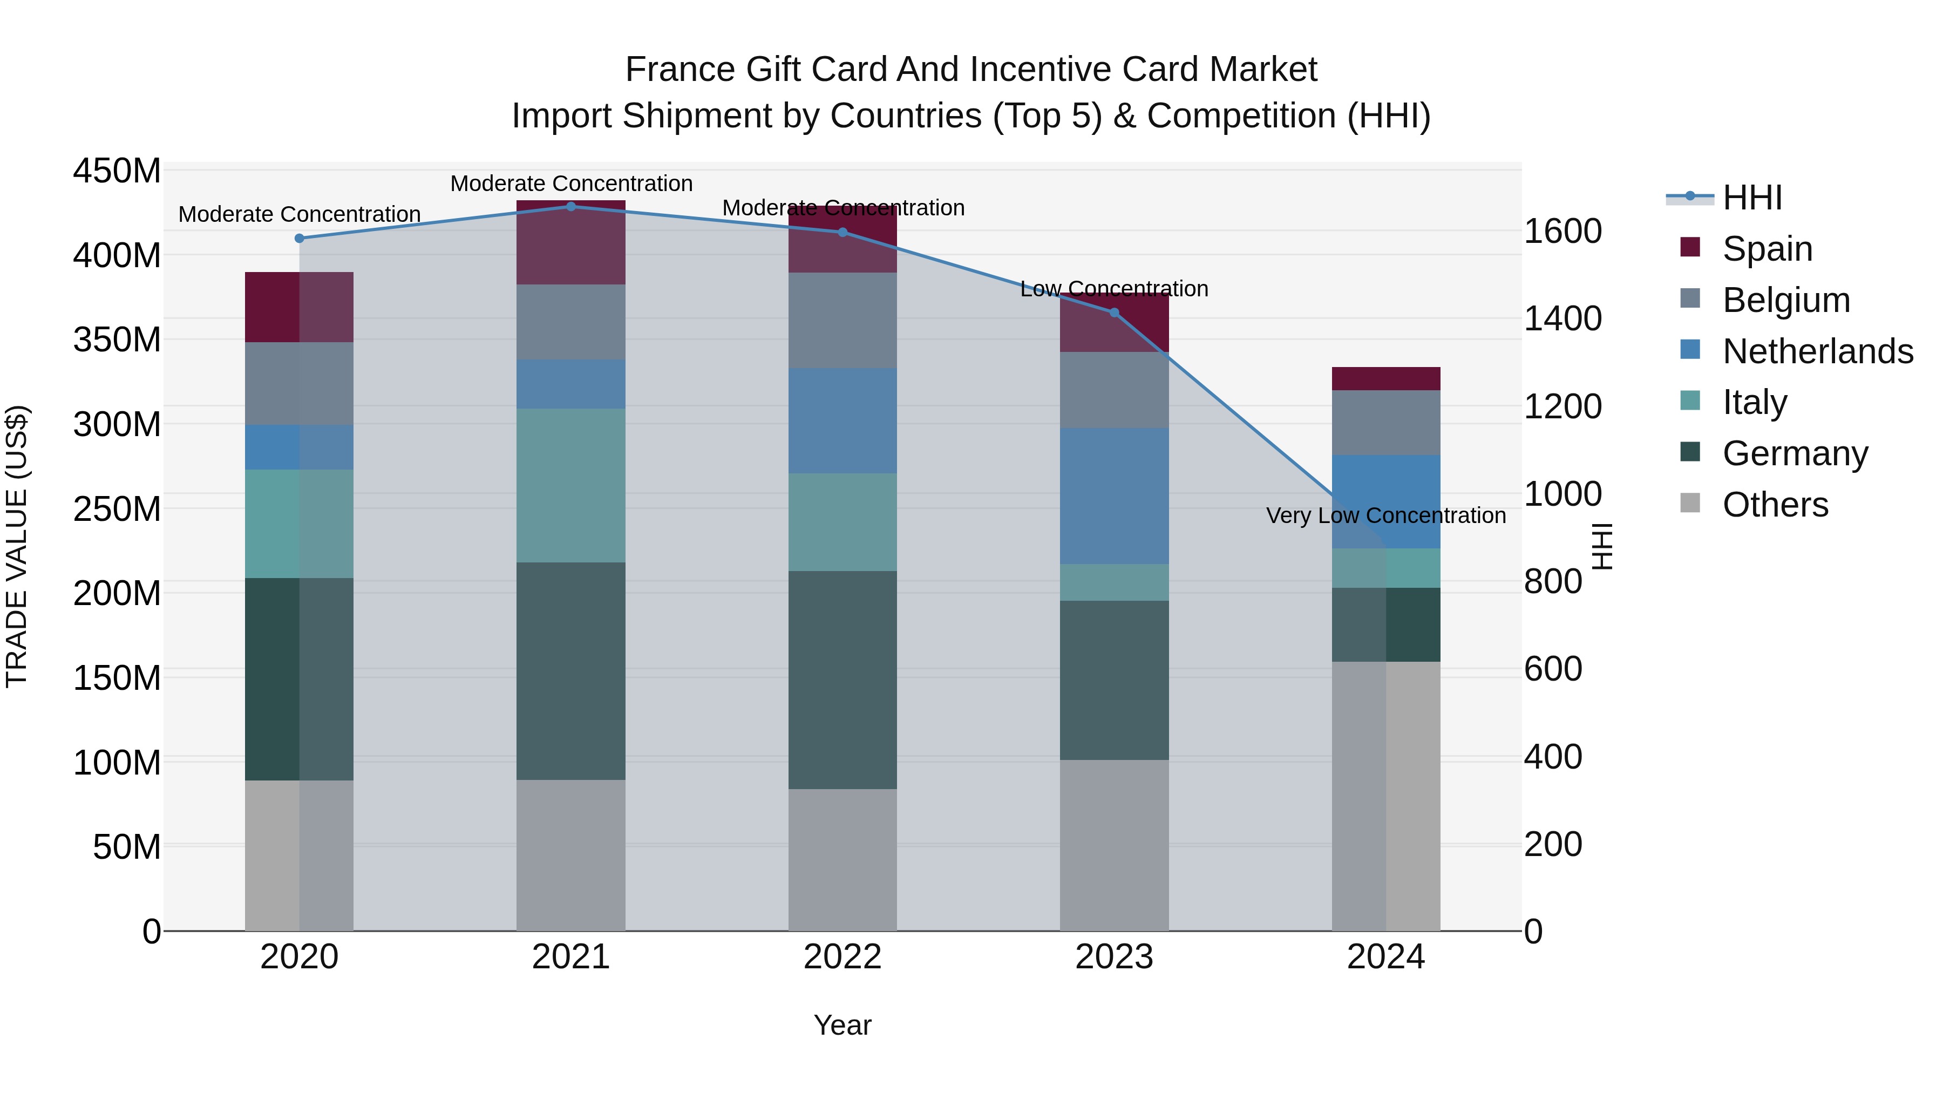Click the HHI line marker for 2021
pyautogui.click(x=571, y=206)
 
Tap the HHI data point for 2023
pyautogui.click(x=1114, y=313)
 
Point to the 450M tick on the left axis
pyautogui.click(x=117, y=171)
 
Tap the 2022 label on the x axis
pyautogui.click(x=843, y=956)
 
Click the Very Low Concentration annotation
pyautogui.click(x=1385, y=515)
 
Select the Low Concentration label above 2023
pyautogui.click(x=1114, y=288)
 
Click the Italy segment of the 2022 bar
pyautogui.click(x=843, y=522)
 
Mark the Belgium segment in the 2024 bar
pyautogui.click(x=1385, y=423)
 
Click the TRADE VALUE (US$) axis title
pyautogui.click(x=17, y=546)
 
